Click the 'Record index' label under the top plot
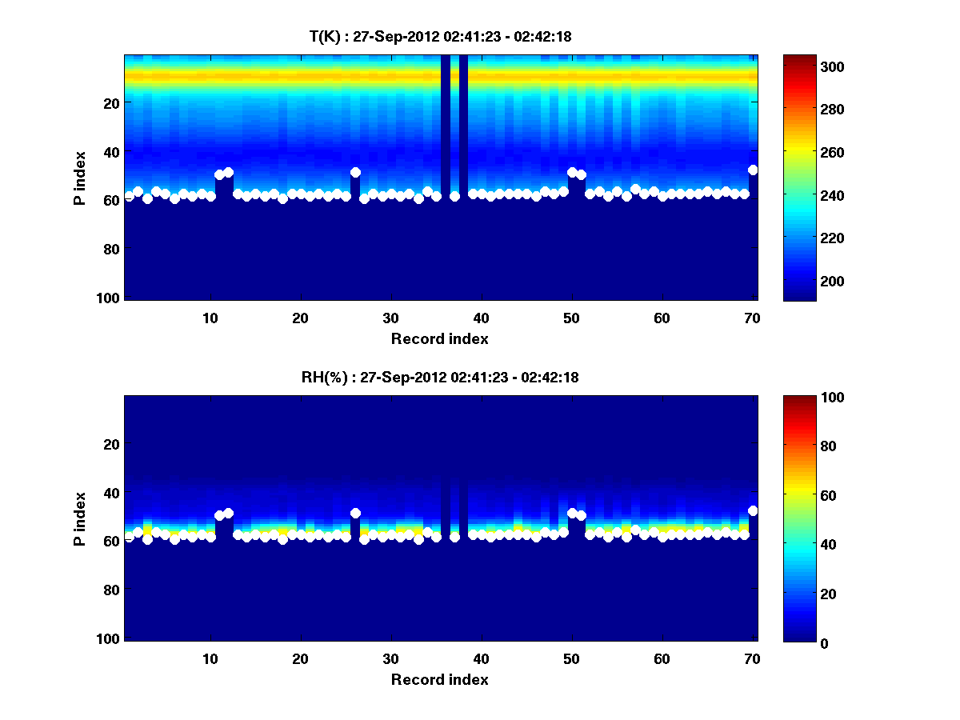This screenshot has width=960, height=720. click(440, 338)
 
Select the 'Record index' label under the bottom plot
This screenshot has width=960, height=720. click(440, 679)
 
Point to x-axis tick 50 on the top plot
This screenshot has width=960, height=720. click(572, 318)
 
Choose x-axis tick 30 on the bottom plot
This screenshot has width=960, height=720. click(391, 658)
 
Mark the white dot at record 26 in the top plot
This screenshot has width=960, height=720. click(355, 172)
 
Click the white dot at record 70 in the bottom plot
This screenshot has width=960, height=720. click(753, 510)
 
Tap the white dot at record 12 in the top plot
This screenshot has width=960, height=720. click(229, 172)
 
